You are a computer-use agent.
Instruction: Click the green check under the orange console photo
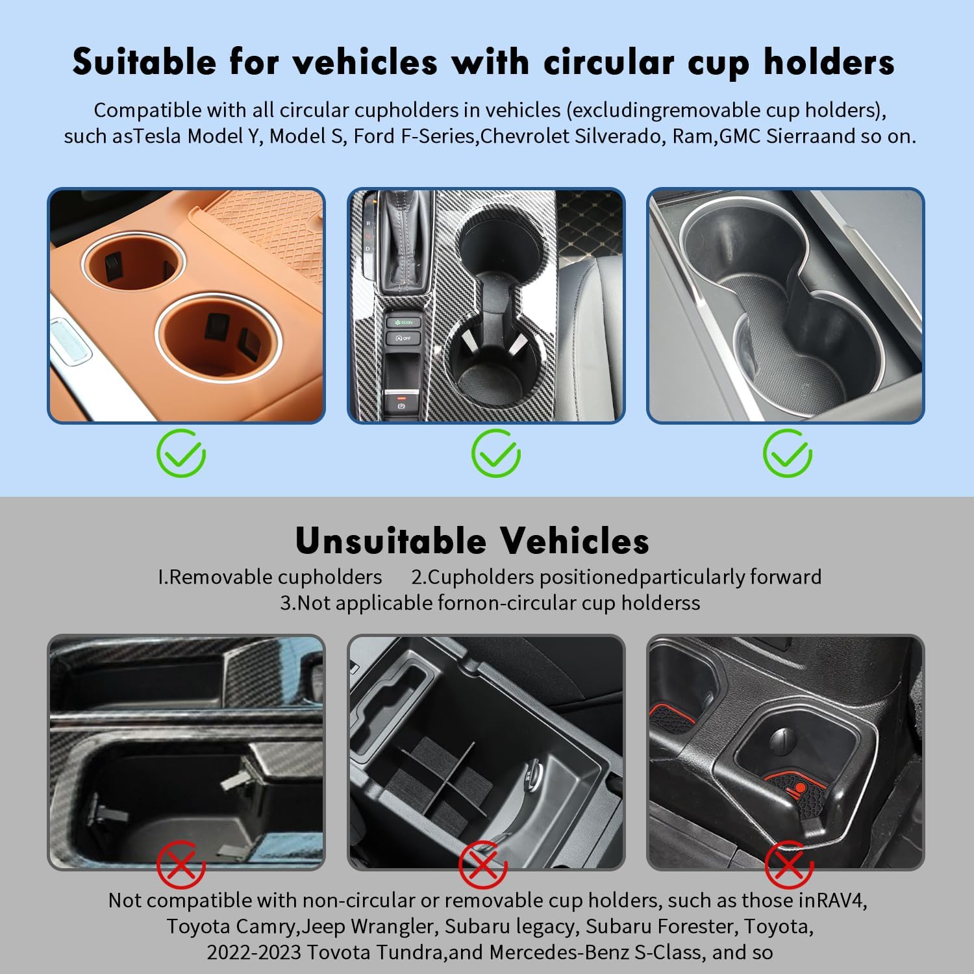(181, 453)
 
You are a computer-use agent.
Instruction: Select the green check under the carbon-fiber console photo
(495, 453)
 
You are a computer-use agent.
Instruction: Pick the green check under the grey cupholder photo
(787, 453)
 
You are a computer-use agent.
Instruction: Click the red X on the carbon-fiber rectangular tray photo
(181, 864)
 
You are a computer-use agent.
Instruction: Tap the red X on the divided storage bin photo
(483, 864)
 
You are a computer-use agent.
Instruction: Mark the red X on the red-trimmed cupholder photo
(789, 864)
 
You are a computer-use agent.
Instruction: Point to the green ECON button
(403, 322)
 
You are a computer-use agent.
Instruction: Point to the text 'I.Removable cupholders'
(270, 577)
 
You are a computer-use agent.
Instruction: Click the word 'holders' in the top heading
(829, 62)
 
